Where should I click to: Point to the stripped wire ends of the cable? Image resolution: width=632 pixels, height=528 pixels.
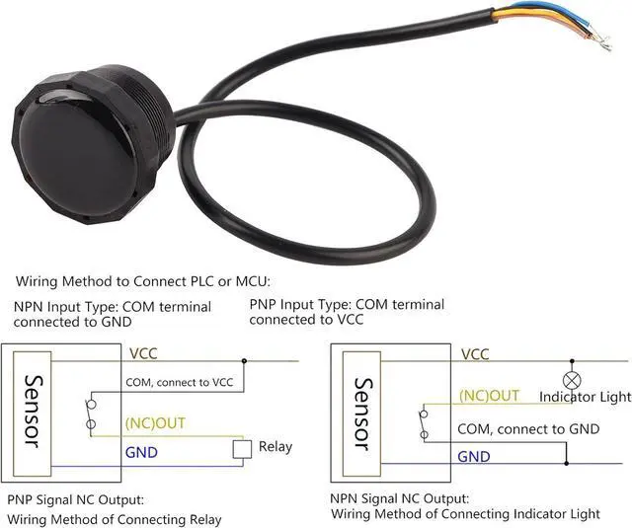pyautogui.click(x=597, y=35)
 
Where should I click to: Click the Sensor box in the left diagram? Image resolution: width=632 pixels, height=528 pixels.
pyautogui.click(x=32, y=411)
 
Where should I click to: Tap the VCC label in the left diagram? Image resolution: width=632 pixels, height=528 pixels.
pyautogui.click(x=143, y=352)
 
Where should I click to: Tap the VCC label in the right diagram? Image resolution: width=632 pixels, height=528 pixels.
pyautogui.click(x=475, y=354)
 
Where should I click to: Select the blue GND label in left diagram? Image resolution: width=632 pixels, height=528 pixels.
pyautogui.click(x=140, y=452)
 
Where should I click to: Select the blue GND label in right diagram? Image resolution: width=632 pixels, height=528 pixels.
pyautogui.click(x=474, y=456)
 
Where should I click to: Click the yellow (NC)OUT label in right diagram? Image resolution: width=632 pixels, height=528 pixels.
pyautogui.click(x=489, y=396)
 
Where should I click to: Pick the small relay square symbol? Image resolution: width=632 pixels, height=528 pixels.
pyautogui.click(x=242, y=449)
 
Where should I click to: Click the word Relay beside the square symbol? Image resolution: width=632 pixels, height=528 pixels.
pyautogui.click(x=276, y=447)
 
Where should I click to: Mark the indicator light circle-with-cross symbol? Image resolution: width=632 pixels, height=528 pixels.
pyautogui.click(x=568, y=380)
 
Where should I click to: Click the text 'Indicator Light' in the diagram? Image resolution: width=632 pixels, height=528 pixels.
pyautogui.click(x=585, y=397)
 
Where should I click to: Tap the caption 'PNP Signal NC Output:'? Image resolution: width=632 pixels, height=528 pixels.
pyautogui.click(x=75, y=500)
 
